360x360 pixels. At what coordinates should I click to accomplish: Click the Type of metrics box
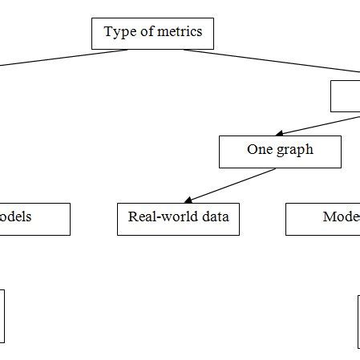tap(152, 34)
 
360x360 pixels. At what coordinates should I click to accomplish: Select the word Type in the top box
tap(117, 33)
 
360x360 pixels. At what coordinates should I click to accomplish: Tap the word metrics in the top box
tap(180, 33)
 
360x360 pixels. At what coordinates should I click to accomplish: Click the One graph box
tap(280, 152)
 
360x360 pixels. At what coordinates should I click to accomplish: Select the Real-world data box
tap(178, 219)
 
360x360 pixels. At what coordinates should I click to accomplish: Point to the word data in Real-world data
tap(215, 217)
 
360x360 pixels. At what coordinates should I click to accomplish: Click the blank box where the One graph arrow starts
tap(346, 97)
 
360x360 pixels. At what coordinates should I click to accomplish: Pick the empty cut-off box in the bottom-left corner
tap(2, 317)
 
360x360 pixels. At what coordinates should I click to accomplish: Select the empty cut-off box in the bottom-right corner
tap(358, 322)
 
